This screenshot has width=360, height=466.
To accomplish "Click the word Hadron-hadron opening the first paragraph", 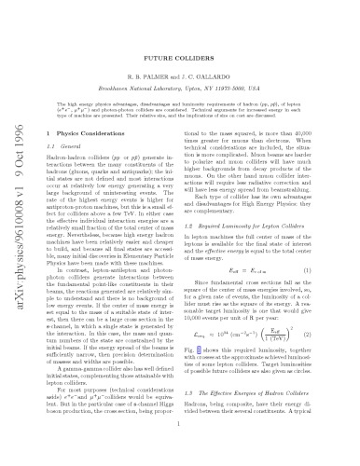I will (x=66, y=151).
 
